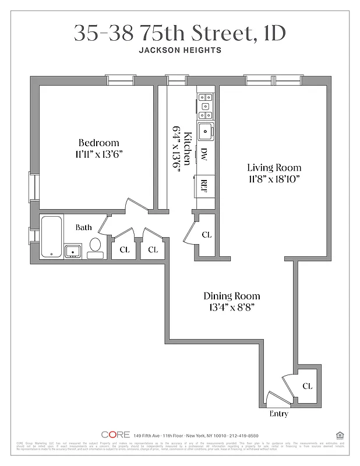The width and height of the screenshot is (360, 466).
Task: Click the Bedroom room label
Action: tap(98, 143)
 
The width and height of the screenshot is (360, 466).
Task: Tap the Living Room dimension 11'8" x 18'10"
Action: tap(273, 179)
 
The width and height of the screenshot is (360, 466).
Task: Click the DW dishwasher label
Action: tap(204, 154)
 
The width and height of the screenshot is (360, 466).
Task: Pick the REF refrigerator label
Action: tap(204, 185)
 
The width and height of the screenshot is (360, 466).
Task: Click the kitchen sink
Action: tap(205, 132)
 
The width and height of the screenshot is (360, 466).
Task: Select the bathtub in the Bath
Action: tap(51, 236)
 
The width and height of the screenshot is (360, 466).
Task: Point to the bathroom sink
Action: tap(73, 252)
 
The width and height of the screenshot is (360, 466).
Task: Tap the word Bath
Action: tap(83, 227)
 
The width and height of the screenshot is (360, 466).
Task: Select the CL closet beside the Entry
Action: tap(307, 386)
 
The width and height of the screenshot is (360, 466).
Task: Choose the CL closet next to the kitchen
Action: tap(206, 235)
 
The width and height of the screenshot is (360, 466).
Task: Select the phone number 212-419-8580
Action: tap(244, 435)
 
